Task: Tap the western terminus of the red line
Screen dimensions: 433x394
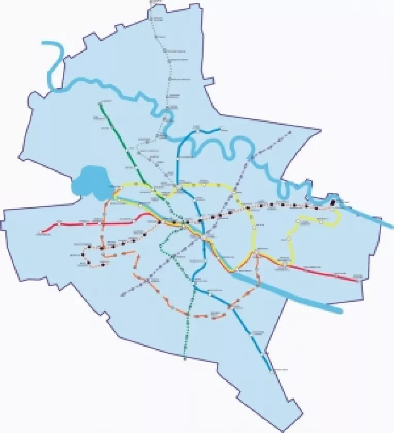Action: (x=39, y=233)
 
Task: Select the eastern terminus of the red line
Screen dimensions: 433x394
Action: (x=358, y=281)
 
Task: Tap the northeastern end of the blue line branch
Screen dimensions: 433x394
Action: (x=221, y=128)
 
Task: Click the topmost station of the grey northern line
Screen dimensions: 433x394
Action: (x=153, y=18)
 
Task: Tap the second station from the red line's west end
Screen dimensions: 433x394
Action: (x=59, y=224)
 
